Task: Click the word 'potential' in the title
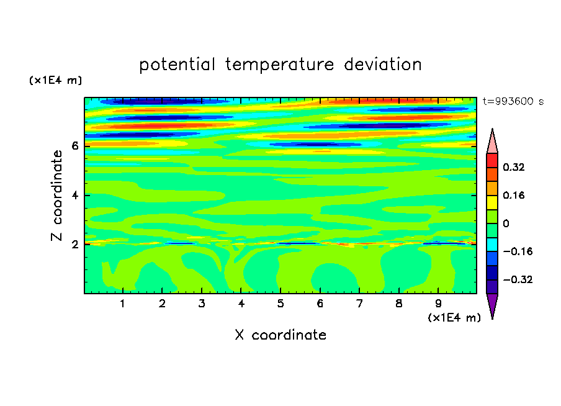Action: pos(177,65)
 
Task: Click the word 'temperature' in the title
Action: pos(280,65)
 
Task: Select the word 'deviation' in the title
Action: pos(383,65)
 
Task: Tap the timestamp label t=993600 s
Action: pos(513,101)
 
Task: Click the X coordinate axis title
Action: pos(280,335)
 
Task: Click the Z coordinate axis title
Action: pos(56,196)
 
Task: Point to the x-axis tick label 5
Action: pos(280,304)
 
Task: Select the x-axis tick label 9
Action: pos(438,304)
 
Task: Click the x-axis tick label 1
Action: pos(123,304)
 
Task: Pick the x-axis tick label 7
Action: pos(359,304)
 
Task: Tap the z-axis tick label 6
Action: pos(74,146)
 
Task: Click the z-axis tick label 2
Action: pos(74,245)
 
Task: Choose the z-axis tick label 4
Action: pos(74,196)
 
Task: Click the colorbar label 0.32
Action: pos(514,167)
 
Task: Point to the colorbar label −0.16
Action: pos(518,251)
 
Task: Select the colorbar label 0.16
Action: pos(514,195)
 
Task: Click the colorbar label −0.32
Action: pos(518,279)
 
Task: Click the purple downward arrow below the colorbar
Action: pos(492,305)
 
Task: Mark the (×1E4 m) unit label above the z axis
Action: pos(55,81)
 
